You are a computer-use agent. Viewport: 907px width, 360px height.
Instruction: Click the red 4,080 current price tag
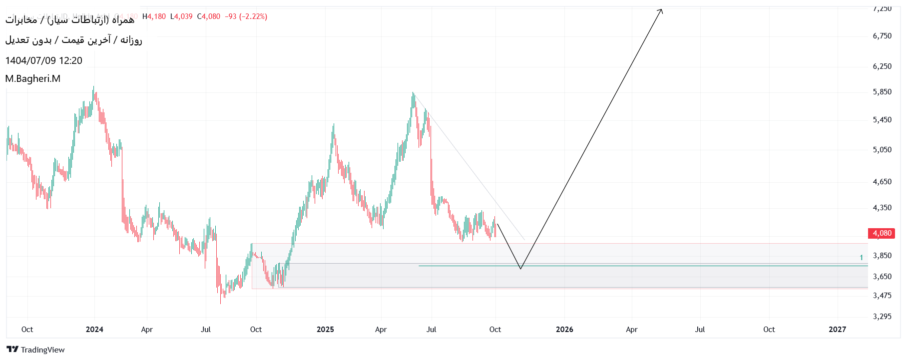(x=882, y=233)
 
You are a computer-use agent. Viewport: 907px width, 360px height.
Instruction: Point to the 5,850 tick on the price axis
(x=882, y=92)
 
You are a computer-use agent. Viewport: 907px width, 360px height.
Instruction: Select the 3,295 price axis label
(x=882, y=316)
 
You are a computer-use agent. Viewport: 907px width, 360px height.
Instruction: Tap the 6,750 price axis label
(x=882, y=36)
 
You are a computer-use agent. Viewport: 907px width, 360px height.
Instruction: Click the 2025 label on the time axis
(x=325, y=330)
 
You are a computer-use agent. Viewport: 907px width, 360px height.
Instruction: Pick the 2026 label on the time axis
(x=564, y=330)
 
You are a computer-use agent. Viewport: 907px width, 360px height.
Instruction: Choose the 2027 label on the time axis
(x=837, y=330)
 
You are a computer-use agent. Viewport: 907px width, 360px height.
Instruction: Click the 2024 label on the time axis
(x=94, y=330)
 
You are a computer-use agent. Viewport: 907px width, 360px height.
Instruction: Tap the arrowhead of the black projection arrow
(x=661, y=10)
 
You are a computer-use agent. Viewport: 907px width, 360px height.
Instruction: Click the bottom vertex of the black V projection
(x=520, y=269)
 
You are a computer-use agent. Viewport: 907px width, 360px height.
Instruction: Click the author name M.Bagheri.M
(x=33, y=79)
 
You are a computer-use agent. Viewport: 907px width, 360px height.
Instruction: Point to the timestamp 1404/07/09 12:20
(x=44, y=61)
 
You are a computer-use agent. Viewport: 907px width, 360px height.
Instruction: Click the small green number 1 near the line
(x=861, y=258)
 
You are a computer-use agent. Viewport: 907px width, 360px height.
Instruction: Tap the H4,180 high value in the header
(x=154, y=16)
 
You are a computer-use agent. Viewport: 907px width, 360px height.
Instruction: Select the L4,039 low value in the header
(x=181, y=16)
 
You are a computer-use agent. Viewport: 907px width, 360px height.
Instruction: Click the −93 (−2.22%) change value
(x=246, y=16)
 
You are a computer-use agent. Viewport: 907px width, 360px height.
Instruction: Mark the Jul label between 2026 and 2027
(x=700, y=330)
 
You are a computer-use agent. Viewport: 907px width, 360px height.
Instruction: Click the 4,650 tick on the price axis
(x=882, y=182)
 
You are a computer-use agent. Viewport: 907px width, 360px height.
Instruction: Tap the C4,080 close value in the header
(x=209, y=16)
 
